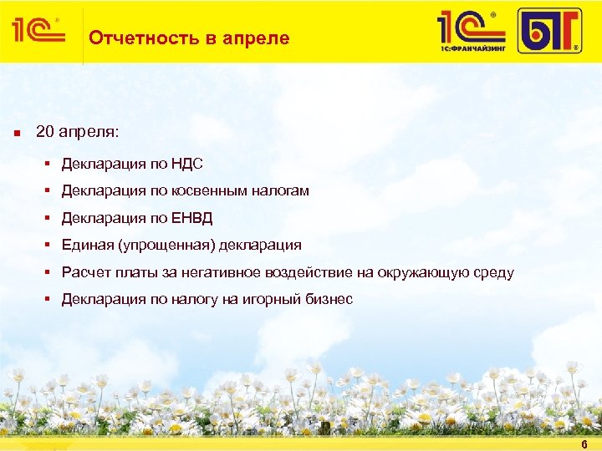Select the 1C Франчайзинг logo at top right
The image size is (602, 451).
click(472, 31)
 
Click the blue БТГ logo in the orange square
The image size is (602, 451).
click(548, 31)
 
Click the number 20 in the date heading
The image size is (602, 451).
click(45, 133)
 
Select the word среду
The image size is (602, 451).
click(493, 272)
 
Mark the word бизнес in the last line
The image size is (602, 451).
click(328, 299)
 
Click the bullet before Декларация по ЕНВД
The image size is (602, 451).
click(51, 218)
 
